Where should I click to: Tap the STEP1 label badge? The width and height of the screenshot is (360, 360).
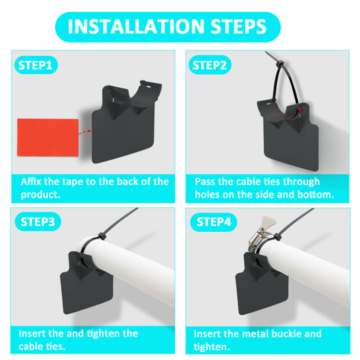(x=36, y=65)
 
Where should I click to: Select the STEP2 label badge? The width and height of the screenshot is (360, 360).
(x=209, y=65)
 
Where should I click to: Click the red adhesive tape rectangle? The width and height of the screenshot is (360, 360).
(x=48, y=137)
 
